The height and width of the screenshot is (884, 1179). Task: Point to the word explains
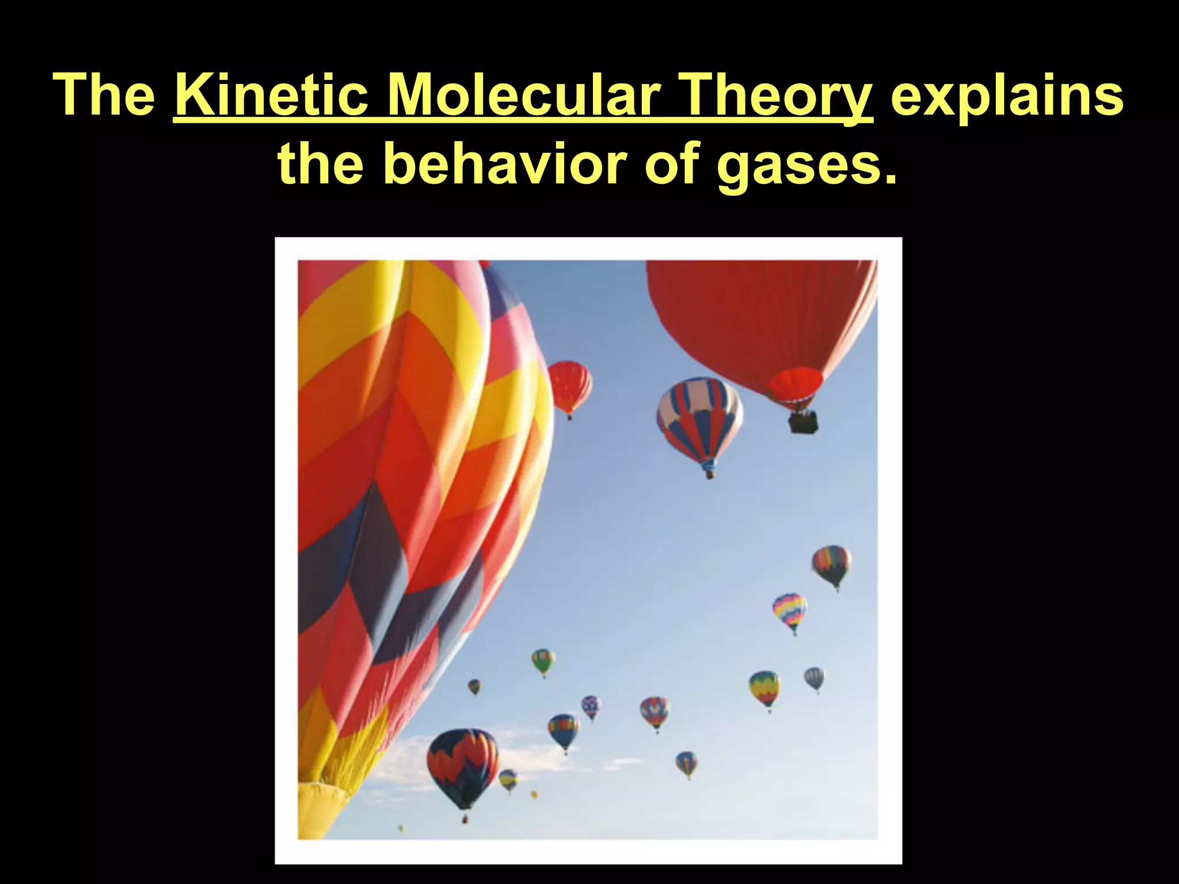coord(1007,95)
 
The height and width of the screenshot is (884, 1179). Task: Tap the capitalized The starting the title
coord(104,95)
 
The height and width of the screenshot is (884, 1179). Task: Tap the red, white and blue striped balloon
coord(700,417)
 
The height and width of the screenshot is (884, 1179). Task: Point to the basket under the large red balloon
coord(803,422)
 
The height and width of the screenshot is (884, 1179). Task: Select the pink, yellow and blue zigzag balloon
coord(789,611)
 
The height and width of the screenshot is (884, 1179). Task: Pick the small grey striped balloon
coord(814,678)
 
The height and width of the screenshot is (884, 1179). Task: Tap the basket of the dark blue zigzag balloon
coord(465,818)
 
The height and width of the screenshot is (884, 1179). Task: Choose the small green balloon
coord(543,661)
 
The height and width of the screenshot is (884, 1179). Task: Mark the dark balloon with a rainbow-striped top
coord(831,563)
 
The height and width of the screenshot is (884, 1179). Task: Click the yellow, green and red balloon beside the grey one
coord(765,688)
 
